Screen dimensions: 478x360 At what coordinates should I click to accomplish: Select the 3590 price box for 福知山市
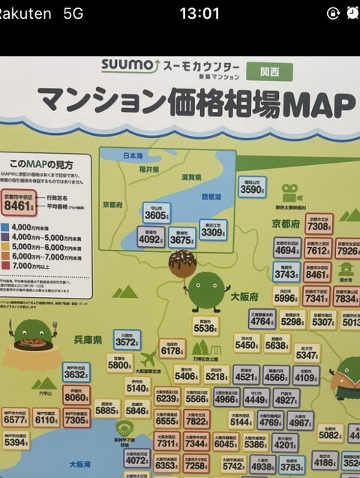[x=252, y=188]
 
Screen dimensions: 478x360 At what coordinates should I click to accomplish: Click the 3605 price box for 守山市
[x=156, y=213]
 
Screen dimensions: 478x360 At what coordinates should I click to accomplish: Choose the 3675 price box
[x=182, y=239]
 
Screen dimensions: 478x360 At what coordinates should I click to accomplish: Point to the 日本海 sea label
[x=133, y=155]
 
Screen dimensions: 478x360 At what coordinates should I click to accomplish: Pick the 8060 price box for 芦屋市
[x=76, y=396]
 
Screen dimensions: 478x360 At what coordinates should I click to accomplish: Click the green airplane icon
[x=148, y=359]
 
